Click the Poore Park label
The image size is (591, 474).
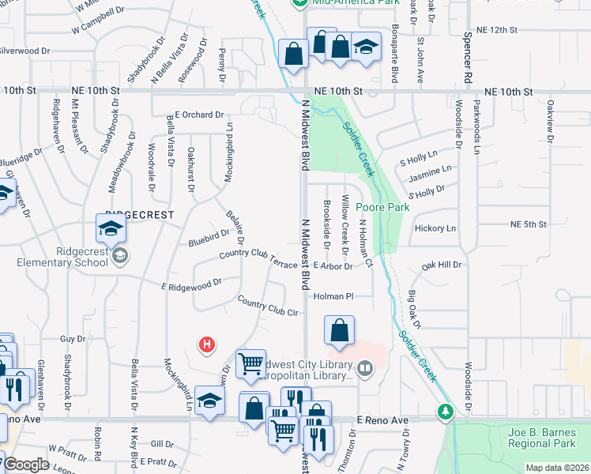pos(382,207)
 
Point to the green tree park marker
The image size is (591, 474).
pos(446,412)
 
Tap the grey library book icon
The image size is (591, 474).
pos(364,367)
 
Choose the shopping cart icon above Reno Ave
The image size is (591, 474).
pos(251,363)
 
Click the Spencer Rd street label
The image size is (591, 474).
pos(468,57)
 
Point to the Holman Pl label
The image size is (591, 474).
pos(332,296)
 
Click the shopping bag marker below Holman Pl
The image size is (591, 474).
pos(339,330)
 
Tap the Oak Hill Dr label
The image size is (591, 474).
pos(441,265)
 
